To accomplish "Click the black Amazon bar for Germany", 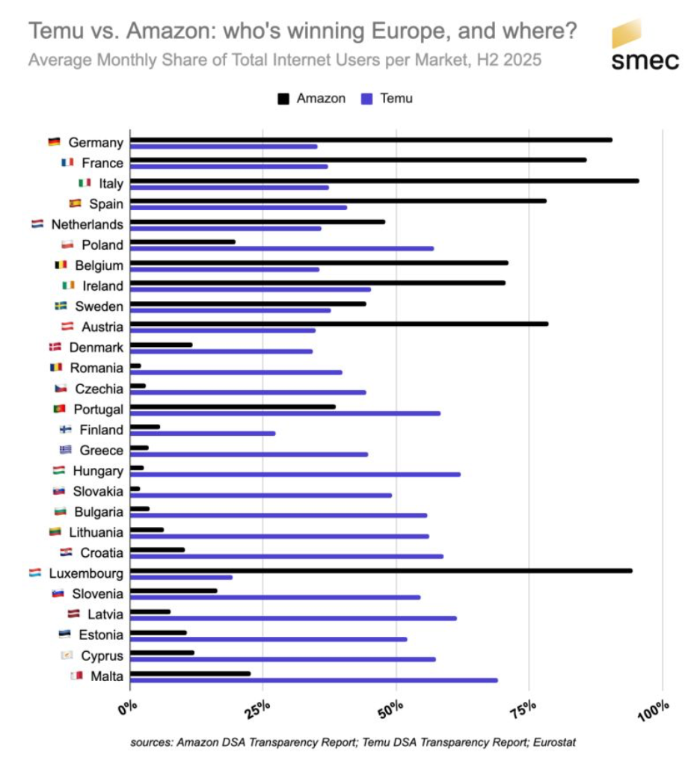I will coord(371,140).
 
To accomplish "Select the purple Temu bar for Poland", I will coord(282,248).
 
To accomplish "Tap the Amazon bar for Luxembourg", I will coord(381,570).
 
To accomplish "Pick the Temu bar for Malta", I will coord(314,680).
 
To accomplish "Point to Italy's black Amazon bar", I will coord(384,181).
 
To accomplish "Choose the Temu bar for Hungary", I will coord(295,474).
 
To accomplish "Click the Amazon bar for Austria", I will coord(340,324).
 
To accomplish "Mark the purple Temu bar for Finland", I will coord(203,433).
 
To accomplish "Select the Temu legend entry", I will coord(387,99).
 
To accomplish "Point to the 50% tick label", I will coord(394,707).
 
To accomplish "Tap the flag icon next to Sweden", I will coord(62,306).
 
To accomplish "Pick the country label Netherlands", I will coord(87,224).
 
